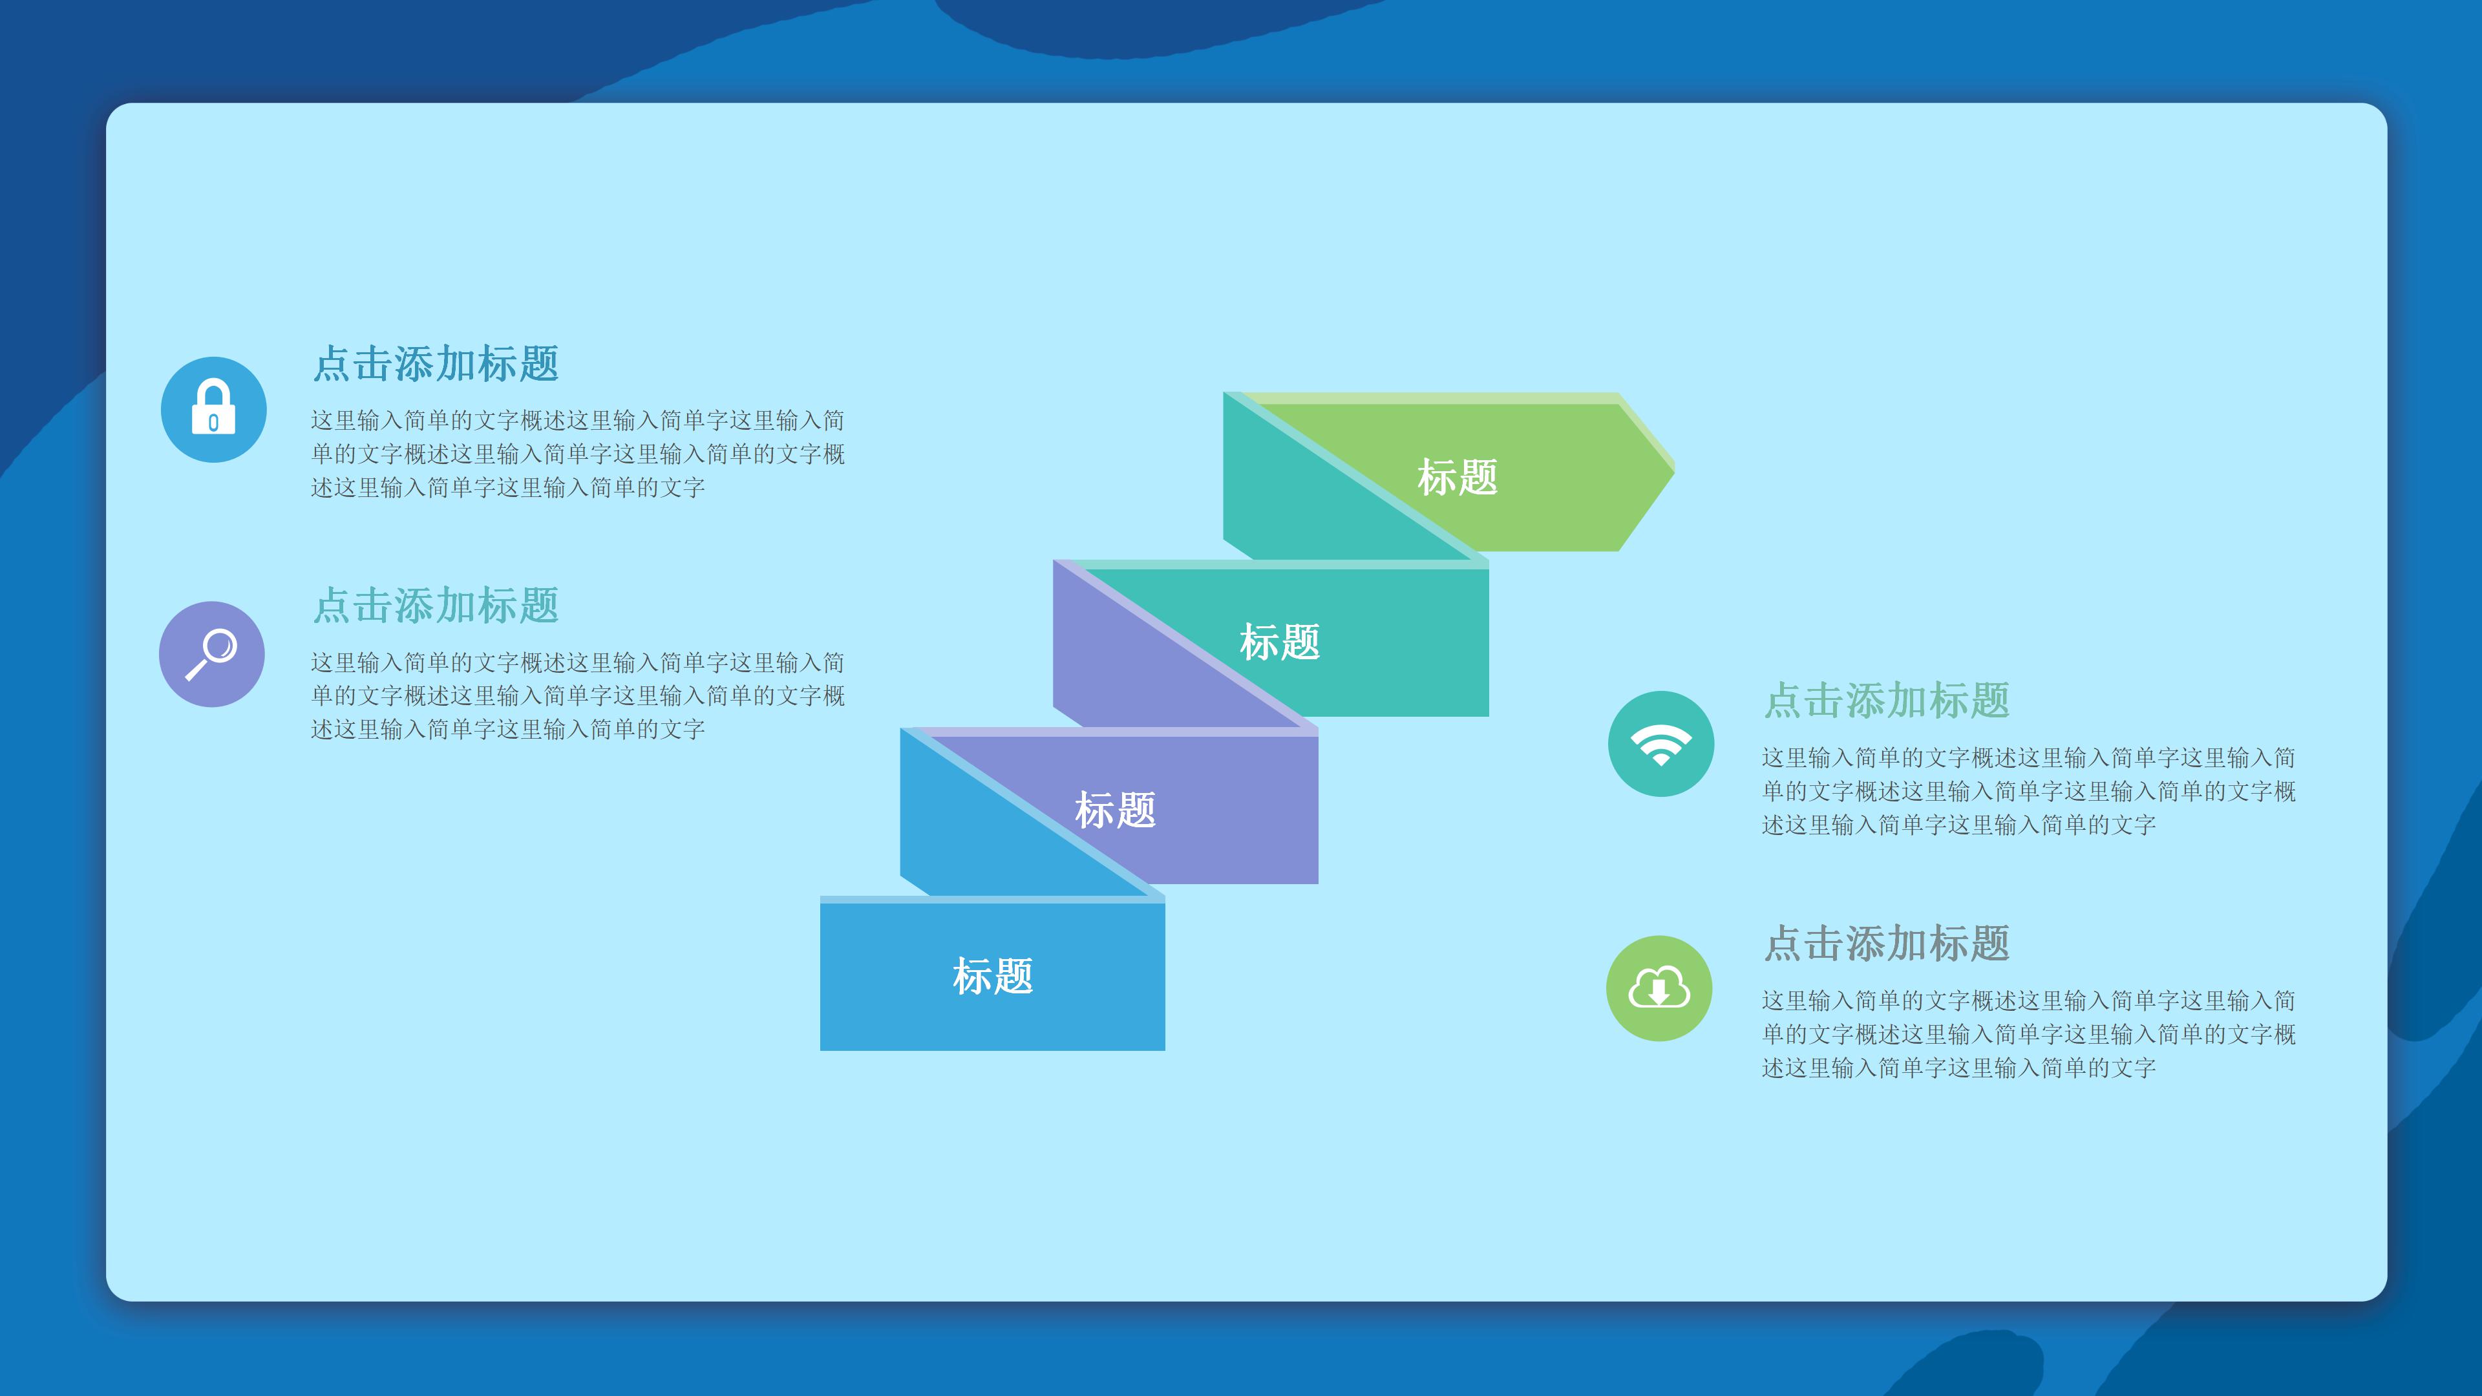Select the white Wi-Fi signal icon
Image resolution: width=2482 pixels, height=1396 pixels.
click(1660, 745)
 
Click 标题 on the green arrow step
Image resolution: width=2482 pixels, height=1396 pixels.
click(1457, 477)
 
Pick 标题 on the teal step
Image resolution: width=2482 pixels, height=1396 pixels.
click(1280, 642)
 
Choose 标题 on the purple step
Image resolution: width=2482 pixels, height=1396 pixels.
click(1115, 809)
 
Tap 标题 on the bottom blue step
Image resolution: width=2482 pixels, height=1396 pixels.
click(992, 976)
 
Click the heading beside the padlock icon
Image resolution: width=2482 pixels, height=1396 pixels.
click(436, 364)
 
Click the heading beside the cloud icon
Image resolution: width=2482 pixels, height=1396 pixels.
click(1887, 943)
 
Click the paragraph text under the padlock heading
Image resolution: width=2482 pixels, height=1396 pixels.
click(577, 454)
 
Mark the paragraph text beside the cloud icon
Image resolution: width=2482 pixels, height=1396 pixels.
click(2028, 1034)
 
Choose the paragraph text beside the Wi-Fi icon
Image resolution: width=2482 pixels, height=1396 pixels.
click(2028, 791)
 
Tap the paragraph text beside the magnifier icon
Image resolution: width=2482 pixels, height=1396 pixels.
click(577, 695)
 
